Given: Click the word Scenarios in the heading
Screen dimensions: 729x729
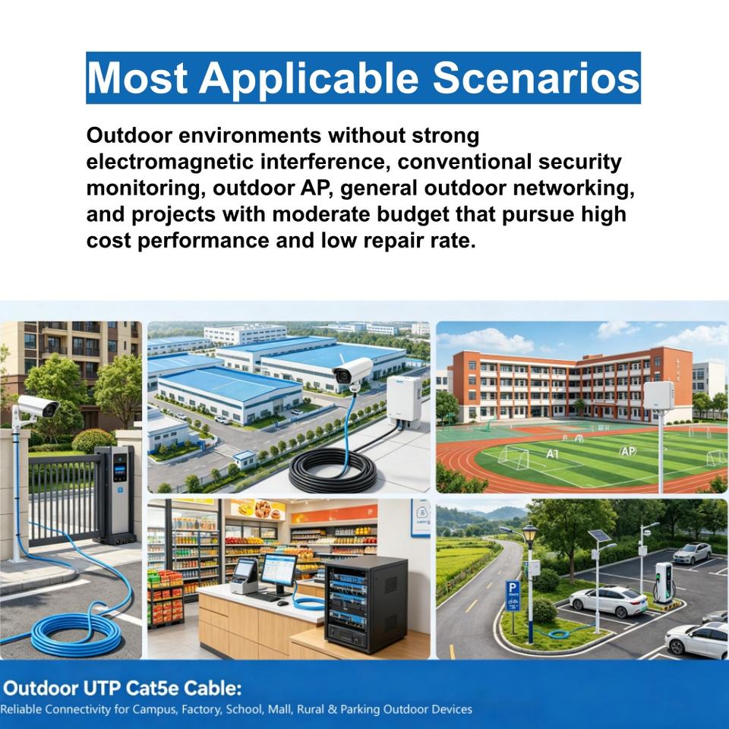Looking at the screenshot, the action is click(536, 77).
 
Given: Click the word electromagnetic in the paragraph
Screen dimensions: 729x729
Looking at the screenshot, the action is click(169, 162).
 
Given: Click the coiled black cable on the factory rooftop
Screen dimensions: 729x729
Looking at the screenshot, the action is click(333, 472).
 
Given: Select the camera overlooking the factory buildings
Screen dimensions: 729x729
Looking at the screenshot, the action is click(352, 373).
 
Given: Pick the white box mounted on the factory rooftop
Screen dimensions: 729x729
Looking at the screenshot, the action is click(404, 400).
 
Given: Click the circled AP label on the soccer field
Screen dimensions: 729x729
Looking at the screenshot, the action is click(628, 450).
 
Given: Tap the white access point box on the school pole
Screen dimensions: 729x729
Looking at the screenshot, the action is click(658, 395).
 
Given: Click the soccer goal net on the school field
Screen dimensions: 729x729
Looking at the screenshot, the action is click(514, 457).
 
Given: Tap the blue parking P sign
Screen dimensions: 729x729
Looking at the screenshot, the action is click(513, 595).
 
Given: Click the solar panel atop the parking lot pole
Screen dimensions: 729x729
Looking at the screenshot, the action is click(600, 536).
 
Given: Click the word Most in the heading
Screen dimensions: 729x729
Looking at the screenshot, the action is click(137, 77).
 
